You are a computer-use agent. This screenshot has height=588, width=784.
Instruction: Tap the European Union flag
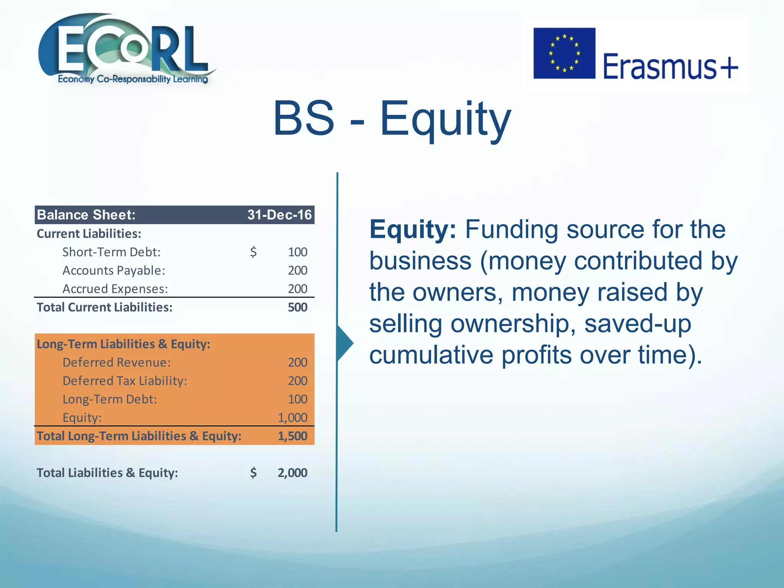[564, 53]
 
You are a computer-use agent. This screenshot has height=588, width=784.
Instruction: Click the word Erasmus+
[670, 66]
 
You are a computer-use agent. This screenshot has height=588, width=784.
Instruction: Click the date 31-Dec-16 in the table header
[279, 215]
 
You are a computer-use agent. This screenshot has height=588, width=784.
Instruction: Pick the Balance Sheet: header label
[86, 215]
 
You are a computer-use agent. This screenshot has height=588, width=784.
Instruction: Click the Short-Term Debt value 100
[297, 252]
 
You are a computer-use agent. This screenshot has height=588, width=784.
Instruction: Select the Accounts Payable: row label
[114, 270]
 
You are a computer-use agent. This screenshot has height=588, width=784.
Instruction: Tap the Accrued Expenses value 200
[297, 289]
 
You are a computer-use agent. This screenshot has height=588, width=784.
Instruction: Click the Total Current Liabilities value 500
[297, 307]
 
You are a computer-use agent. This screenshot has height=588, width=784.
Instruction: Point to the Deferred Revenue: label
[116, 362]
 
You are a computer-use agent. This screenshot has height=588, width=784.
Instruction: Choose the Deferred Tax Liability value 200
[297, 381]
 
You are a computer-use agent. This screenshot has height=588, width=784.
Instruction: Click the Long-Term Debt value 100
[297, 399]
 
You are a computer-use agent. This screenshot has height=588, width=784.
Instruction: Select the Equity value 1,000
[292, 417]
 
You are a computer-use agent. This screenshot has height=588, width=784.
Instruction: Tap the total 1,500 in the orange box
[292, 436]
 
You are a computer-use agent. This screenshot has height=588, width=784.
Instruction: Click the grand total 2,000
[292, 473]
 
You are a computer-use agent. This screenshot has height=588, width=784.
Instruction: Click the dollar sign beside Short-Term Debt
[253, 252]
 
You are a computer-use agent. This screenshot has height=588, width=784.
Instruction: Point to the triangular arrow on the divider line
[344, 343]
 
